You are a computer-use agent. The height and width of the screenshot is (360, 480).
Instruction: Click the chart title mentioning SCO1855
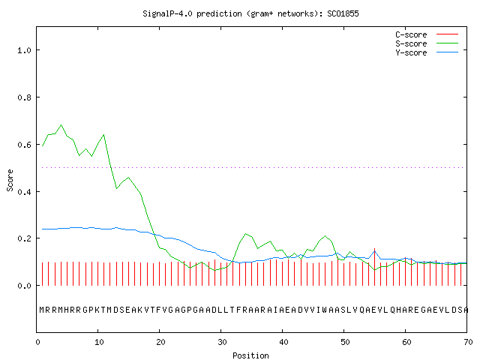250,13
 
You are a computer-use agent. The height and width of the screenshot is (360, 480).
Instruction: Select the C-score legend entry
427,34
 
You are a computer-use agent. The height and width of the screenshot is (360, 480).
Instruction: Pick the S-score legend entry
427,43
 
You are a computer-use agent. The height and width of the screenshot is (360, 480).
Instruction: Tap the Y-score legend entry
427,52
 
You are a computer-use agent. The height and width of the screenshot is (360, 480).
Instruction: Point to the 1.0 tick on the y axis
24,50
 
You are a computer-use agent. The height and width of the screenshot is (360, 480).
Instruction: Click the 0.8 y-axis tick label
24,97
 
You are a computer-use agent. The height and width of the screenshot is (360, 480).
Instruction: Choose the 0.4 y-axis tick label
24,192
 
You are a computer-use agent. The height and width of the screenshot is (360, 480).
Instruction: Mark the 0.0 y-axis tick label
24,286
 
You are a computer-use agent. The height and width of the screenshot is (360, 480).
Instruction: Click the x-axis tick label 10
99,342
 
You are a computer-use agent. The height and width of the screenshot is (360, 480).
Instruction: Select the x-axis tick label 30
222,342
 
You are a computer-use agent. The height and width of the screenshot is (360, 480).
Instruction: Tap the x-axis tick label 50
345,342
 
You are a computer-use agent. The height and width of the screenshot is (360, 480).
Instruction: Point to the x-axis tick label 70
468,342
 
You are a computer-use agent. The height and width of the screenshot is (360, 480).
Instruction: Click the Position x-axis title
250,355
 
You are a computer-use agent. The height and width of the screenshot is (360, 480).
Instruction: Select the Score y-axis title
10,180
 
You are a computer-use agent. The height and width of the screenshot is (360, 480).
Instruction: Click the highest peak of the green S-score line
61,125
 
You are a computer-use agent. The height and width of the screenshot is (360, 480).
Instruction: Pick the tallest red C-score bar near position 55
375,267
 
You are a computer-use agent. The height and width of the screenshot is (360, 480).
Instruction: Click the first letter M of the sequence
42,310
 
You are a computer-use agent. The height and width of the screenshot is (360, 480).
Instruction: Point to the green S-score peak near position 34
245,234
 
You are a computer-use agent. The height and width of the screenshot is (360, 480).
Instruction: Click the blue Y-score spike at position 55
375,252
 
